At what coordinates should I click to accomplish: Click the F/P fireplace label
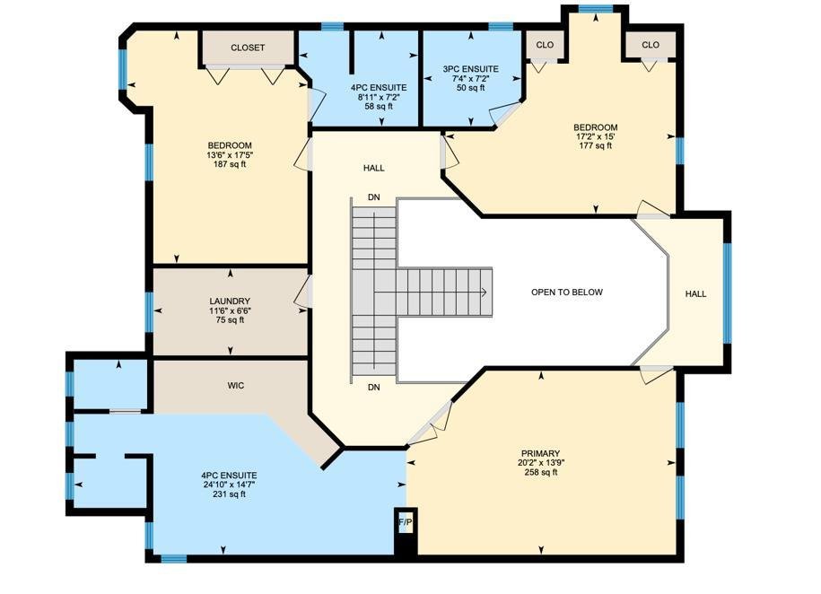pyautogui.click(x=406, y=522)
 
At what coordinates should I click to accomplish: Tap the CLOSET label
pyautogui.click(x=248, y=48)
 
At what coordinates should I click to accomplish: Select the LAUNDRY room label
pyautogui.click(x=230, y=301)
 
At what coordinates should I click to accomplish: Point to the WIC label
pyautogui.click(x=236, y=386)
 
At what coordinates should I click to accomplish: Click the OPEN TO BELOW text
pyautogui.click(x=567, y=293)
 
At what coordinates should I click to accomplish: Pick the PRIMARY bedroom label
pyautogui.click(x=541, y=454)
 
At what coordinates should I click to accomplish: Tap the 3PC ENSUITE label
pyautogui.click(x=471, y=69)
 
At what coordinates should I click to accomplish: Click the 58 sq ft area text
pyautogui.click(x=379, y=107)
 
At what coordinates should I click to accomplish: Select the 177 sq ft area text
pyautogui.click(x=596, y=145)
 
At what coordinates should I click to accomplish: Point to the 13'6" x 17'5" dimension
pyautogui.click(x=230, y=155)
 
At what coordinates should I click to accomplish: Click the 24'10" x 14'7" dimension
pyautogui.click(x=230, y=485)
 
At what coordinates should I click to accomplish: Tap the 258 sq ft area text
pyautogui.click(x=541, y=473)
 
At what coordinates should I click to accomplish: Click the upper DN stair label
pyautogui.click(x=374, y=197)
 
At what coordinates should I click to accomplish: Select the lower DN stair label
pyautogui.click(x=374, y=388)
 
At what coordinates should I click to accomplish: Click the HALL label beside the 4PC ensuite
pyautogui.click(x=374, y=168)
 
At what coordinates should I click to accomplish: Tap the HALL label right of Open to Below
pyautogui.click(x=696, y=293)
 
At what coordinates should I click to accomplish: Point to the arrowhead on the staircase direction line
pyautogui.click(x=485, y=293)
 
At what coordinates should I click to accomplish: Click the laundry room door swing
pyautogui.click(x=302, y=293)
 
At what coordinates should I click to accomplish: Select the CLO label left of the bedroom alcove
pyautogui.click(x=545, y=45)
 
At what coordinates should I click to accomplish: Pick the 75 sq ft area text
pyautogui.click(x=230, y=320)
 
